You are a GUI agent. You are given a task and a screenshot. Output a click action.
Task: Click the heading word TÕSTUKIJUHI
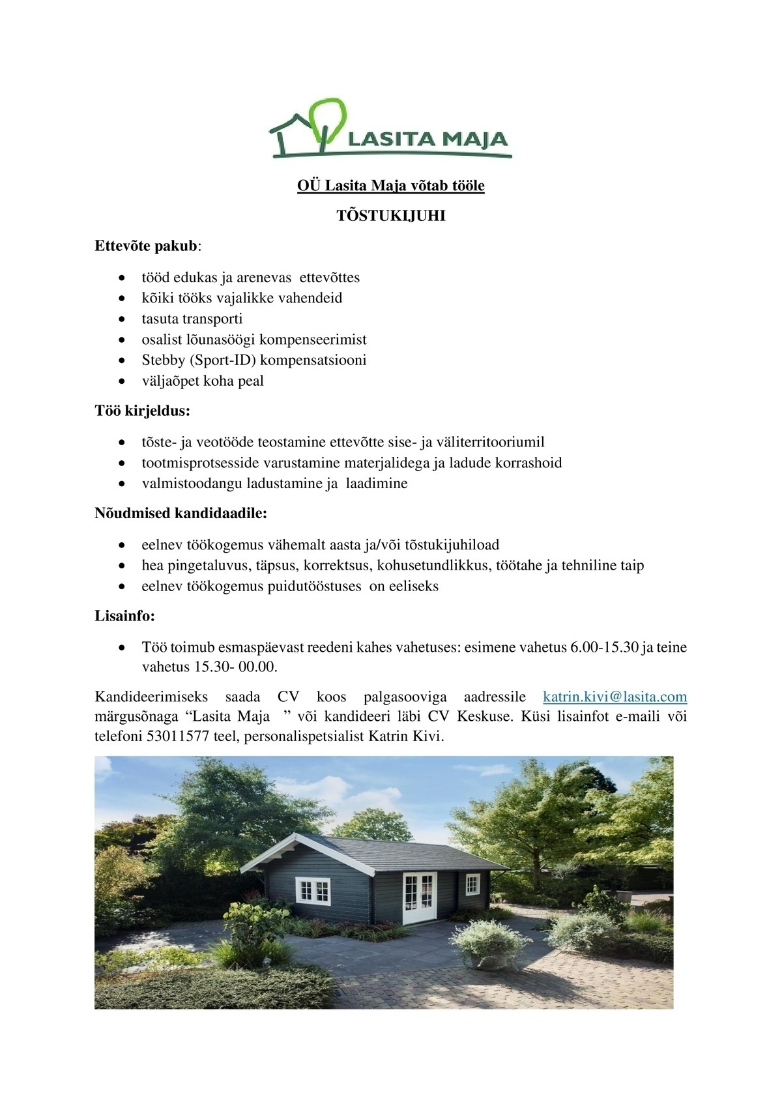(x=390, y=216)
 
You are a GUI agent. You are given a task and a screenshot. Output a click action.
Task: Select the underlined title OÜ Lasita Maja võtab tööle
(x=390, y=186)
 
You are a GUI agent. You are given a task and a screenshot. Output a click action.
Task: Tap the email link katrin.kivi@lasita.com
(x=615, y=697)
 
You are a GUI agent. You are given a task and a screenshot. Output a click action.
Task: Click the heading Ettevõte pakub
(x=147, y=246)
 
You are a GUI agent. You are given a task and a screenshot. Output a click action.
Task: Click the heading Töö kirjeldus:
(x=143, y=411)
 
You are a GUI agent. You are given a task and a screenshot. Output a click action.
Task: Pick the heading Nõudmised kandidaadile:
(x=181, y=514)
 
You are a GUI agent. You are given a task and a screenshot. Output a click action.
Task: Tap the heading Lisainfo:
(x=124, y=616)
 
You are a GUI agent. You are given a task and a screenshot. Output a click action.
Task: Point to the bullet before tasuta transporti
(x=122, y=319)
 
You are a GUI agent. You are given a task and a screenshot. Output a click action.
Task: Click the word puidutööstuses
(x=314, y=586)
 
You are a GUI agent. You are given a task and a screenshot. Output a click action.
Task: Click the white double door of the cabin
(x=418, y=896)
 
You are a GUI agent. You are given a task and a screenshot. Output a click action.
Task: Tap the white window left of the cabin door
(x=313, y=891)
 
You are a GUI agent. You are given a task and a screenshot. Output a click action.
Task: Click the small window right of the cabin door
(x=472, y=884)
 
